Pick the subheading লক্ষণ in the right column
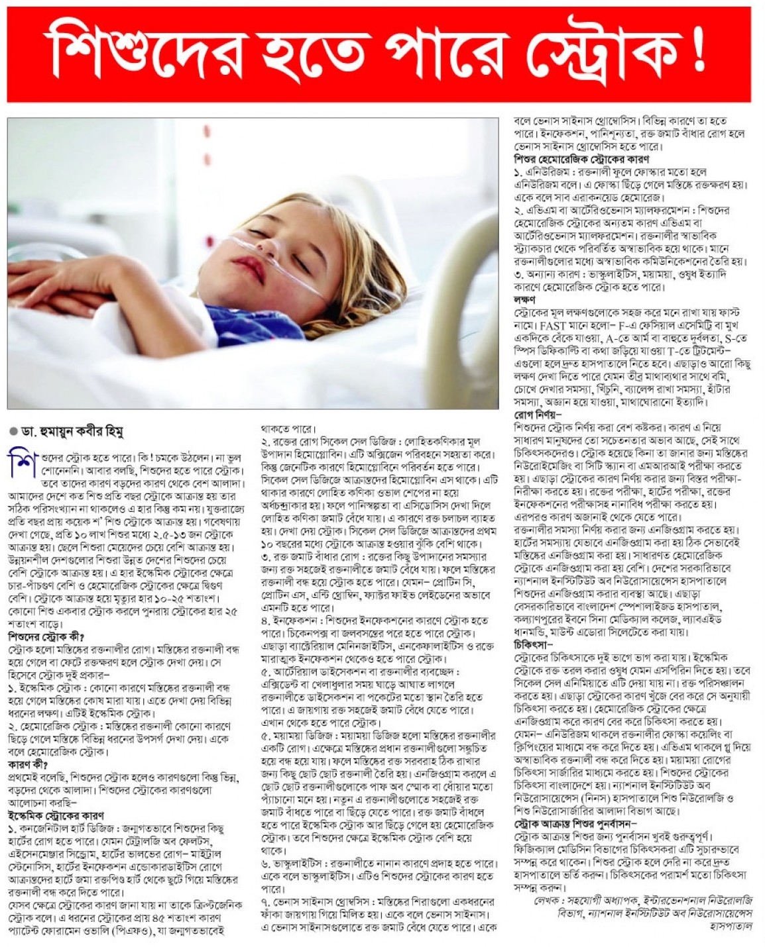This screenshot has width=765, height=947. pos(524,299)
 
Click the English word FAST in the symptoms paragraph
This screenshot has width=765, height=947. pos(555,326)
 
